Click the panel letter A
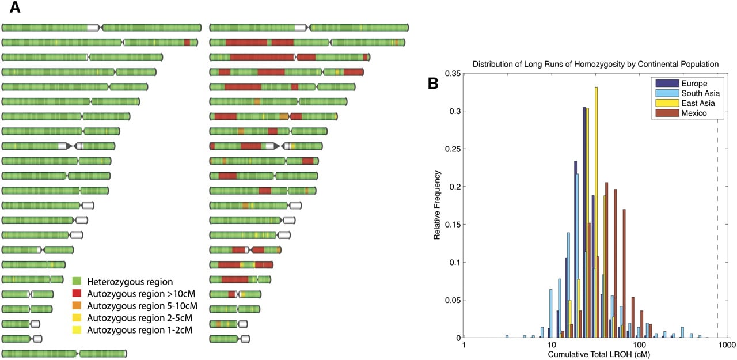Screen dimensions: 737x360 click(15, 7)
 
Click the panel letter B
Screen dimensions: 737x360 click(433, 84)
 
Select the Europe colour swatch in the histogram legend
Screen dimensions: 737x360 click(667, 84)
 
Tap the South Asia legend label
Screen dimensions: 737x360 click(701, 93)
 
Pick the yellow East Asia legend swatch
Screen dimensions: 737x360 click(667, 103)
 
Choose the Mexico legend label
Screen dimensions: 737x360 click(694, 113)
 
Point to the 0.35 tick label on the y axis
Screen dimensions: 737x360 click(453, 73)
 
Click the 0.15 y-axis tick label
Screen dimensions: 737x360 click(453, 225)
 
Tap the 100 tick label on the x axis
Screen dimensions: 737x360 click(639, 345)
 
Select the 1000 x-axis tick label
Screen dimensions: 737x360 click(727, 345)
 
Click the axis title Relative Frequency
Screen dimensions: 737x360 click(436, 205)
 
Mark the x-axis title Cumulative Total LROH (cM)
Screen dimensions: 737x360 click(599, 354)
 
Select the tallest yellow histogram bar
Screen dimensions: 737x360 click(596, 213)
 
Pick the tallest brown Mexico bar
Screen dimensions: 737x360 click(606, 260)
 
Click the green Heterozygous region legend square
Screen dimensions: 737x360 click(77, 281)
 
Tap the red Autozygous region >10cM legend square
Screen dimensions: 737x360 click(77, 294)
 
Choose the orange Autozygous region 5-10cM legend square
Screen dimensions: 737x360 click(77, 306)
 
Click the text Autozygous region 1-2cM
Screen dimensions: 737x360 click(139, 330)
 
